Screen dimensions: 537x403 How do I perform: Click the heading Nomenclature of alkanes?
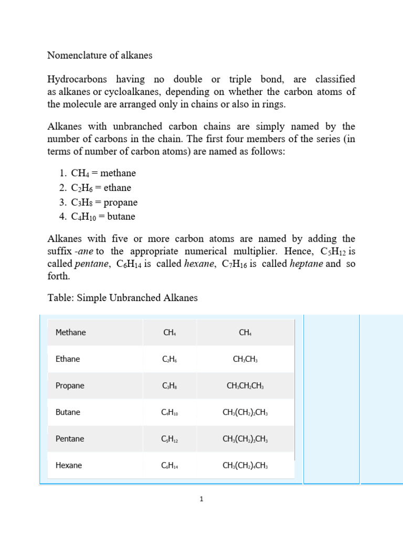coord(100,55)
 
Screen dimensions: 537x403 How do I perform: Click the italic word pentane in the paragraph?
coord(93,264)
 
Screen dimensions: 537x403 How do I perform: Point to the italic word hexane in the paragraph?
coord(200,264)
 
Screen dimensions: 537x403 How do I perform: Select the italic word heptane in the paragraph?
coord(306,264)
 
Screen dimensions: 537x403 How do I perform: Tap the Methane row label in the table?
coord(71,332)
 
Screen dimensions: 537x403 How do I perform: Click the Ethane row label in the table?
coord(68,359)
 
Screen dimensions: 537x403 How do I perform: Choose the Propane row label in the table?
coord(70,385)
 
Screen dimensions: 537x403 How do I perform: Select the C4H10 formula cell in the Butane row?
coord(170,412)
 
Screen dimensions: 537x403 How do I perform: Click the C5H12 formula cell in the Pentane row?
coord(170,439)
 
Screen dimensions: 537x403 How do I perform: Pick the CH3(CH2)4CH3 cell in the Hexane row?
coord(245,465)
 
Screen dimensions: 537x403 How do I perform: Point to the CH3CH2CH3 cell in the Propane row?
coord(245,385)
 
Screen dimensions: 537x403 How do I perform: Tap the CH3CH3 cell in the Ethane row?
coord(245,359)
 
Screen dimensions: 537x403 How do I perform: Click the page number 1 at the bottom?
coord(201,500)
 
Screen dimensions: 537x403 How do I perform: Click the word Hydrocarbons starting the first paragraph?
coord(77,79)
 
